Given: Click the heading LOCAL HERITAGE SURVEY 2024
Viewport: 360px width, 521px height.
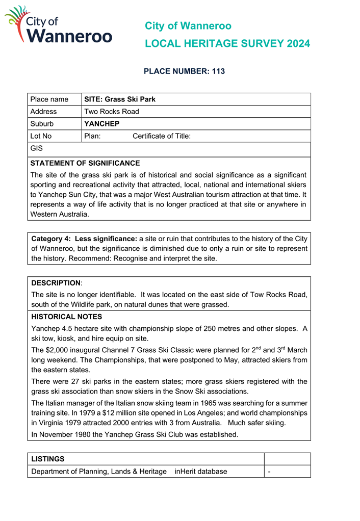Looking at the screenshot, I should (227, 44).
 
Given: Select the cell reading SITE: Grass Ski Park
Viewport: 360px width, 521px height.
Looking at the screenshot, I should (120, 99).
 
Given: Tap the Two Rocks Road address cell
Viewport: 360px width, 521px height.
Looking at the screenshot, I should (112, 112).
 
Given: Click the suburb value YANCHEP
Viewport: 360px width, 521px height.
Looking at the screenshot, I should (102, 124).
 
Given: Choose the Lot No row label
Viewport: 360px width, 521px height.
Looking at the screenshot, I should (41, 136).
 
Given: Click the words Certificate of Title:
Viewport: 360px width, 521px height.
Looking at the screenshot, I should (162, 136).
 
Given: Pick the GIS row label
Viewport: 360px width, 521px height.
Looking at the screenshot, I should (37, 148).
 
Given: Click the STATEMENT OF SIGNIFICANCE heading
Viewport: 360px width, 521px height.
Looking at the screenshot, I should (85, 163).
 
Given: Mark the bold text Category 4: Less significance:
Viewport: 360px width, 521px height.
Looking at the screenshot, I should (84, 239).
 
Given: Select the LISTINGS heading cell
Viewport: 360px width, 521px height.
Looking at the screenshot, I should (48, 459).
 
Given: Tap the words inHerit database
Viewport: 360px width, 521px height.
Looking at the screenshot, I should (201, 472).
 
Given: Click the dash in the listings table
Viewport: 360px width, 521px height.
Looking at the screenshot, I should (269, 472).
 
